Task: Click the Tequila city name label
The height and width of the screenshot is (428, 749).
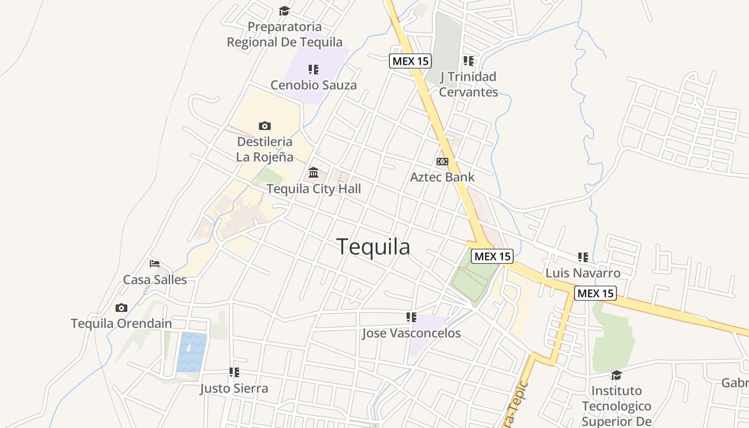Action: [373, 247]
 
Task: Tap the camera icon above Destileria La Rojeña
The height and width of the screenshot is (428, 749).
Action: [264, 126]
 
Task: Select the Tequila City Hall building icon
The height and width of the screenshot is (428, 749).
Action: [314, 173]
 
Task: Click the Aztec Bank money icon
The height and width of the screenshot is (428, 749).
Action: [442, 162]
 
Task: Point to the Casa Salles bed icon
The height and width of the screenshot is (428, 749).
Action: [155, 263]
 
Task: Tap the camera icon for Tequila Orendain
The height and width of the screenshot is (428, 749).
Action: [121, 308]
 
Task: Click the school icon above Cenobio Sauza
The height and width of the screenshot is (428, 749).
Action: [314, 69]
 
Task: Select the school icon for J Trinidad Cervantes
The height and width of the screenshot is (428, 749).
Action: [469, 60]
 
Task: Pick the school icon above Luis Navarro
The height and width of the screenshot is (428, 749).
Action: [583, 257]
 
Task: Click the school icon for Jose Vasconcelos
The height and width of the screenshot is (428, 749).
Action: [411, 317]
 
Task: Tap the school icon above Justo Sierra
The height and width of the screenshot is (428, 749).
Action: [234, 372]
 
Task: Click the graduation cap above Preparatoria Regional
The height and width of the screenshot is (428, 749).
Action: [284, 11]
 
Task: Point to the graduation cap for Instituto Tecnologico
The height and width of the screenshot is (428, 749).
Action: [616, 375]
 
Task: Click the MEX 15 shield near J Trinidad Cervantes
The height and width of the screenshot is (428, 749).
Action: [410, 61]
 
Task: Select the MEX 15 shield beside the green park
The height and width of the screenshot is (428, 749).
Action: [492, 256]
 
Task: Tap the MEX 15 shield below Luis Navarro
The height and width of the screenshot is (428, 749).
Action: [595, 293]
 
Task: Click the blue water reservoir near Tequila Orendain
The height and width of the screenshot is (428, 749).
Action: [192, 351]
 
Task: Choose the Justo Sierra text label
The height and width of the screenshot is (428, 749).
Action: [234, 388]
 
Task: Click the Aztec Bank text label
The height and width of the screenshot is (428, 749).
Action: [442, 177]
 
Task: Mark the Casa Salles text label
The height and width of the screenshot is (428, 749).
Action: [155, 280]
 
